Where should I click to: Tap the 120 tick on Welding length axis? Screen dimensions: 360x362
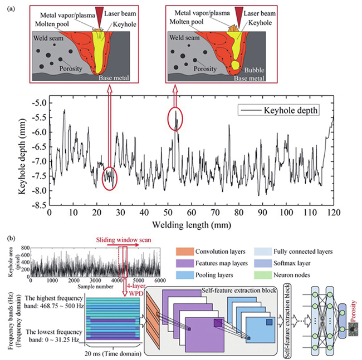click(x=334, y=213)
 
